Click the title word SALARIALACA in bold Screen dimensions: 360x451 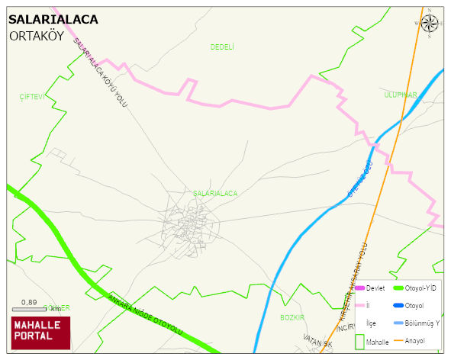(x=53, y=20)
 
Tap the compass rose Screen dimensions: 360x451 (x=430, y=23)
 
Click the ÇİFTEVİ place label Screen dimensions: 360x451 (x=33, y=97)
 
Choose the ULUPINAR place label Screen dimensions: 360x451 (x=400, y=95)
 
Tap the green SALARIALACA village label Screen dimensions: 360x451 (x=215, y=194)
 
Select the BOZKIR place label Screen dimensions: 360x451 (x=292, y=317)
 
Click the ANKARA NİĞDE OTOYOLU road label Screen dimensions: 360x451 (x=147, y=314)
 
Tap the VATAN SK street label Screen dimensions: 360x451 (x=318, y=341)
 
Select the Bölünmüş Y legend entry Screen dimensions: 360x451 (x=421, y=323)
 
